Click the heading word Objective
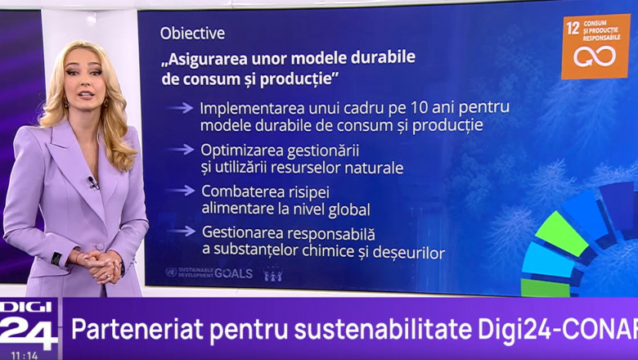coord(192,34)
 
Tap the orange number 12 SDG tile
coord(595,47)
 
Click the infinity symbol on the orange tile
coord(595,56)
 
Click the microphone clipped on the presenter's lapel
coord(92,182)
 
